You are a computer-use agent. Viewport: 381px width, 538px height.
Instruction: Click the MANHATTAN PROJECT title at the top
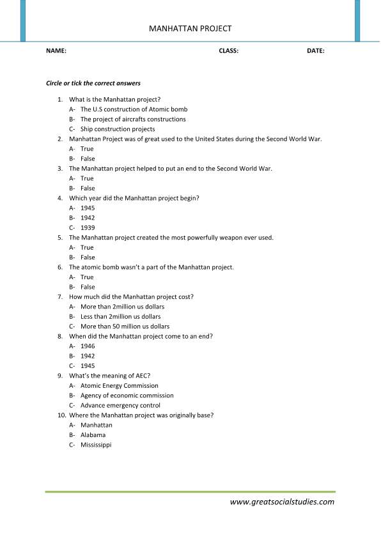[x=190, y=28]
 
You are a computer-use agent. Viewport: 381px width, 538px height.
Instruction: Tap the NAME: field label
[x=56, y=50]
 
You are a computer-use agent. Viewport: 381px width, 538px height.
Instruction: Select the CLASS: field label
[x=228, y=50]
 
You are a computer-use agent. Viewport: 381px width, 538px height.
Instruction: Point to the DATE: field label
[x=316, y=50]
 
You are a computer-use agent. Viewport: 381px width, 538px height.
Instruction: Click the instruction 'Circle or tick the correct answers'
[x=93, y=83]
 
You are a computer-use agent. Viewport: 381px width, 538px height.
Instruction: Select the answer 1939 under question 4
[x=88, y=227]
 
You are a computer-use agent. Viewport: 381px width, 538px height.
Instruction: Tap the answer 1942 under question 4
[x=88, y=218]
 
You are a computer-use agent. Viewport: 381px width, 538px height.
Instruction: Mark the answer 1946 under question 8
[x=88, y=346]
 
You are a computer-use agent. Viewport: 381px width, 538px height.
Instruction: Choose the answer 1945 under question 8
[x=88, y=365]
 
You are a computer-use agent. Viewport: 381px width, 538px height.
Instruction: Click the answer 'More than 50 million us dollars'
[x=125, y=326]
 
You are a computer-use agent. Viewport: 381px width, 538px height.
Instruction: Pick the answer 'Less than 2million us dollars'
[x=120, y=316]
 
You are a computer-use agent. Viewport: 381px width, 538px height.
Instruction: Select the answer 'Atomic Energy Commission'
[x=120, y=385]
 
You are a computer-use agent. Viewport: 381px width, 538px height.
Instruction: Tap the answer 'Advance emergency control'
[x=120, y=405]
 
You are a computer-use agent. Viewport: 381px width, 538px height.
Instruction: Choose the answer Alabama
[x=93, y=434]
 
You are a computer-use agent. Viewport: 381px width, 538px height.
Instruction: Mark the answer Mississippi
[x=96, y=445]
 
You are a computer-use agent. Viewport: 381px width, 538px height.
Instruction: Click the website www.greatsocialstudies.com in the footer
[x=282, y=502]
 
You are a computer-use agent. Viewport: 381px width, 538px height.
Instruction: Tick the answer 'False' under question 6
[x=88, y=287]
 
